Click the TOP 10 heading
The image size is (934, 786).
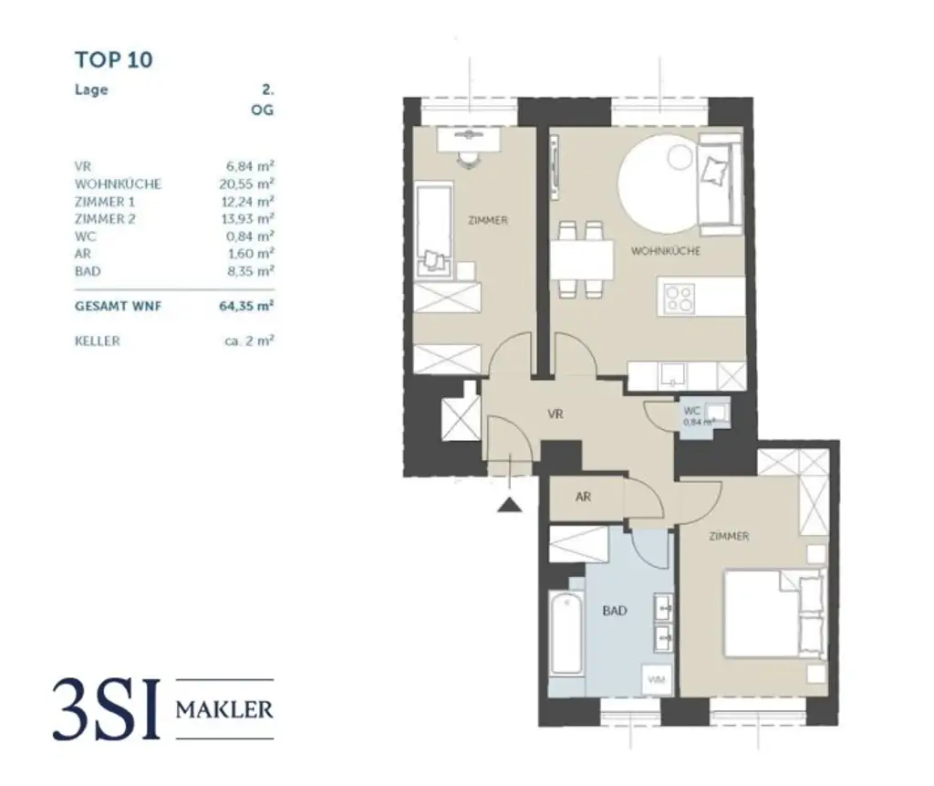113,60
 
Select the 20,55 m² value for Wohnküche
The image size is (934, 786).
241,183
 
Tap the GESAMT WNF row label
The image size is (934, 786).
118,307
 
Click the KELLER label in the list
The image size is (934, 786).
97,341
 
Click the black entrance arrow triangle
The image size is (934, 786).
509,503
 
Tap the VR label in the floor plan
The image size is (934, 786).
555,414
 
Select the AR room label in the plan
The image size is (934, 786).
585,498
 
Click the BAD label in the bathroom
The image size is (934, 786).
615,611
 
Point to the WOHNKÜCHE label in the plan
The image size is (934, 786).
667,250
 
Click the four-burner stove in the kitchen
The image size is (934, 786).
679,299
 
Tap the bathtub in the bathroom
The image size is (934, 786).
566,634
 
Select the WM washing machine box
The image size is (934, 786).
655,680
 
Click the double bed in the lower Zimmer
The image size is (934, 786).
773,613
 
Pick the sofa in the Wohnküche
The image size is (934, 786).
719,178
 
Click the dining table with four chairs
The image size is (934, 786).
581,258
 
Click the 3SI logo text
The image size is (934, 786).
108,709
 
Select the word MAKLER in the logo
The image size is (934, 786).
223,708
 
